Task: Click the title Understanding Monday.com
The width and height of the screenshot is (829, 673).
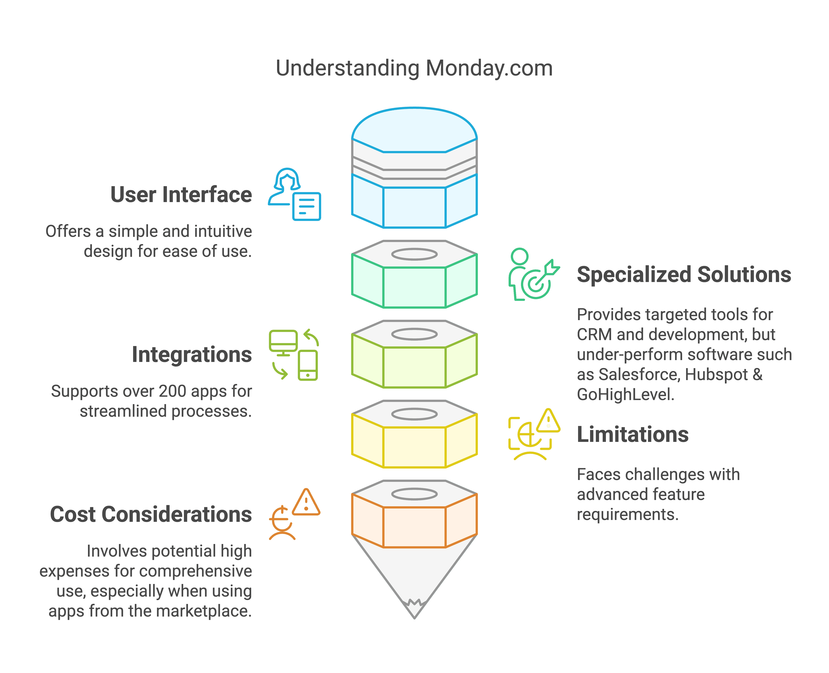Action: pos(414,69)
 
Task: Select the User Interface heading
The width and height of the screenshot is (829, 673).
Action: pos(181,195)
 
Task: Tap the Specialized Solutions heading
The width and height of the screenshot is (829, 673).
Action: pos(684,275)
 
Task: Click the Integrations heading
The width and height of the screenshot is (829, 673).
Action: pos(192,355)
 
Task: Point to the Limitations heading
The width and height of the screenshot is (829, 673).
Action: pos(632,435)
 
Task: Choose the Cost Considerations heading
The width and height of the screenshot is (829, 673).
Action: pos(151,514)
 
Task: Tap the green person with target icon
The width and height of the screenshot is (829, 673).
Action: pos(534,274)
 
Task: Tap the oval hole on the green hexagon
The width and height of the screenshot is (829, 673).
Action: pos(414,254)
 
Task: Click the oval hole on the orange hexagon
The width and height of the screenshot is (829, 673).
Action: pos(414,494)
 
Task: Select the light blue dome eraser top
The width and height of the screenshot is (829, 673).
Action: pos(414,130)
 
